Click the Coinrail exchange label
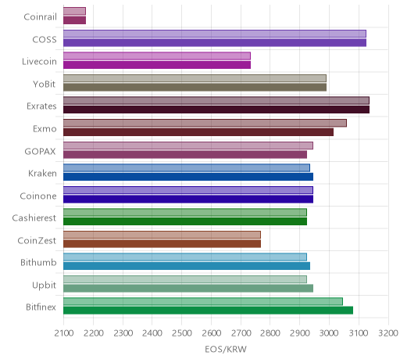click(x=40, y=17)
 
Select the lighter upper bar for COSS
click(x=215, y=34)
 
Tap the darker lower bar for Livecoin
click(x=157, y=65)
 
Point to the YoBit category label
click(x=45, y=84)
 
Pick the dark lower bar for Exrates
click(x=216, y=110)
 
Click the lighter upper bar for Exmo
click(x=205, y=123)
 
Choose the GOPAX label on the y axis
click(x=40, y=152)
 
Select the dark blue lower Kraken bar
click(x=188, y=177)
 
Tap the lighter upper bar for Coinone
click(x=188, y=190)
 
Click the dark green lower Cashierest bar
click(x=185, y=221)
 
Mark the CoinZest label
click(x=37, y=241)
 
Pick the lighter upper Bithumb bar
click(x=185, y=257)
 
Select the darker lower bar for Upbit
click(x=188, y=289)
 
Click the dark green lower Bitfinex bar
click(x=208, y=311)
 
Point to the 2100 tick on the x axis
click(x=64, y=333)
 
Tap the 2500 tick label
click(x=182, y=333)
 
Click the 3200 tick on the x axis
click(x=388, y=333)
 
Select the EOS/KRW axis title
click(x=226, y=350)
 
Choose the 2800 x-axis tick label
click(x=270, y=333)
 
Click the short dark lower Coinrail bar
click(x=74, y=20)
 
